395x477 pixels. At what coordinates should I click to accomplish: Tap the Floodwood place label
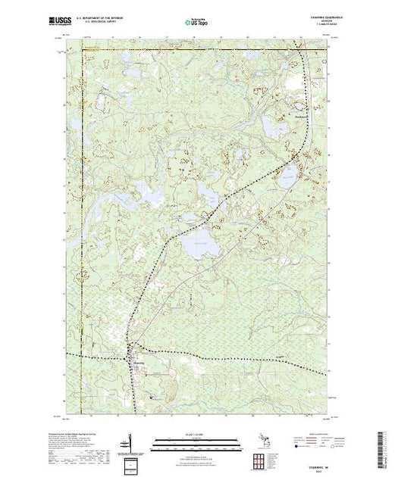(302, 115)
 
